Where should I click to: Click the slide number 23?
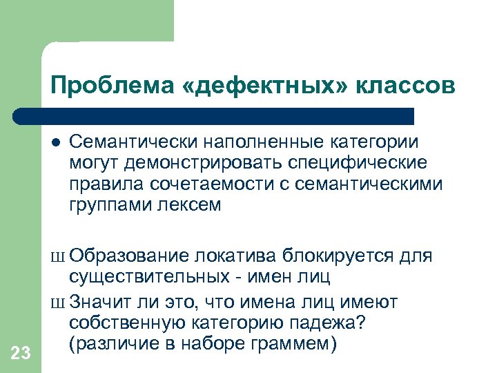[21, 354]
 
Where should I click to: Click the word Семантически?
[131, 142]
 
